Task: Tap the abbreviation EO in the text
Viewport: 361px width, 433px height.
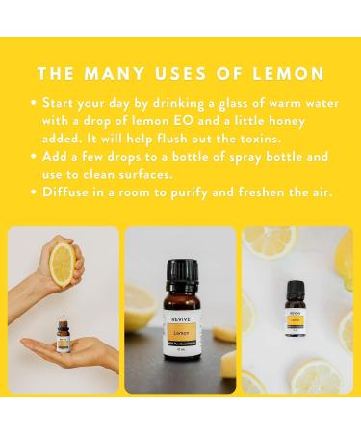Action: (x=201, y=121)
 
